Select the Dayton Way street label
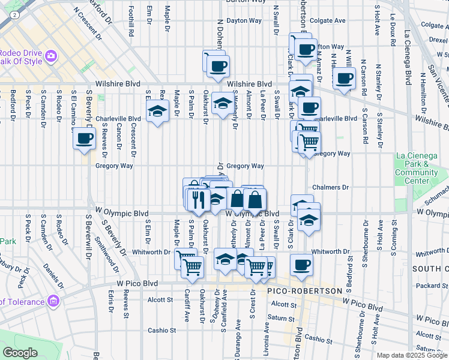pyautogui.click(x=244, y=20)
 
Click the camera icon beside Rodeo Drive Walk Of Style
pyautogui.click(x=50, y=56)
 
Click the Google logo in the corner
pyautogui.click(x=20, y=352)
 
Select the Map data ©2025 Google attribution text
pyautogui.click(x=412, y=355)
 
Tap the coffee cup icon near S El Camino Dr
pyautogui.click(x=84, y=139)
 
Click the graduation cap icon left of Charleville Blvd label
pyautogui.click(x=157, y=112)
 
